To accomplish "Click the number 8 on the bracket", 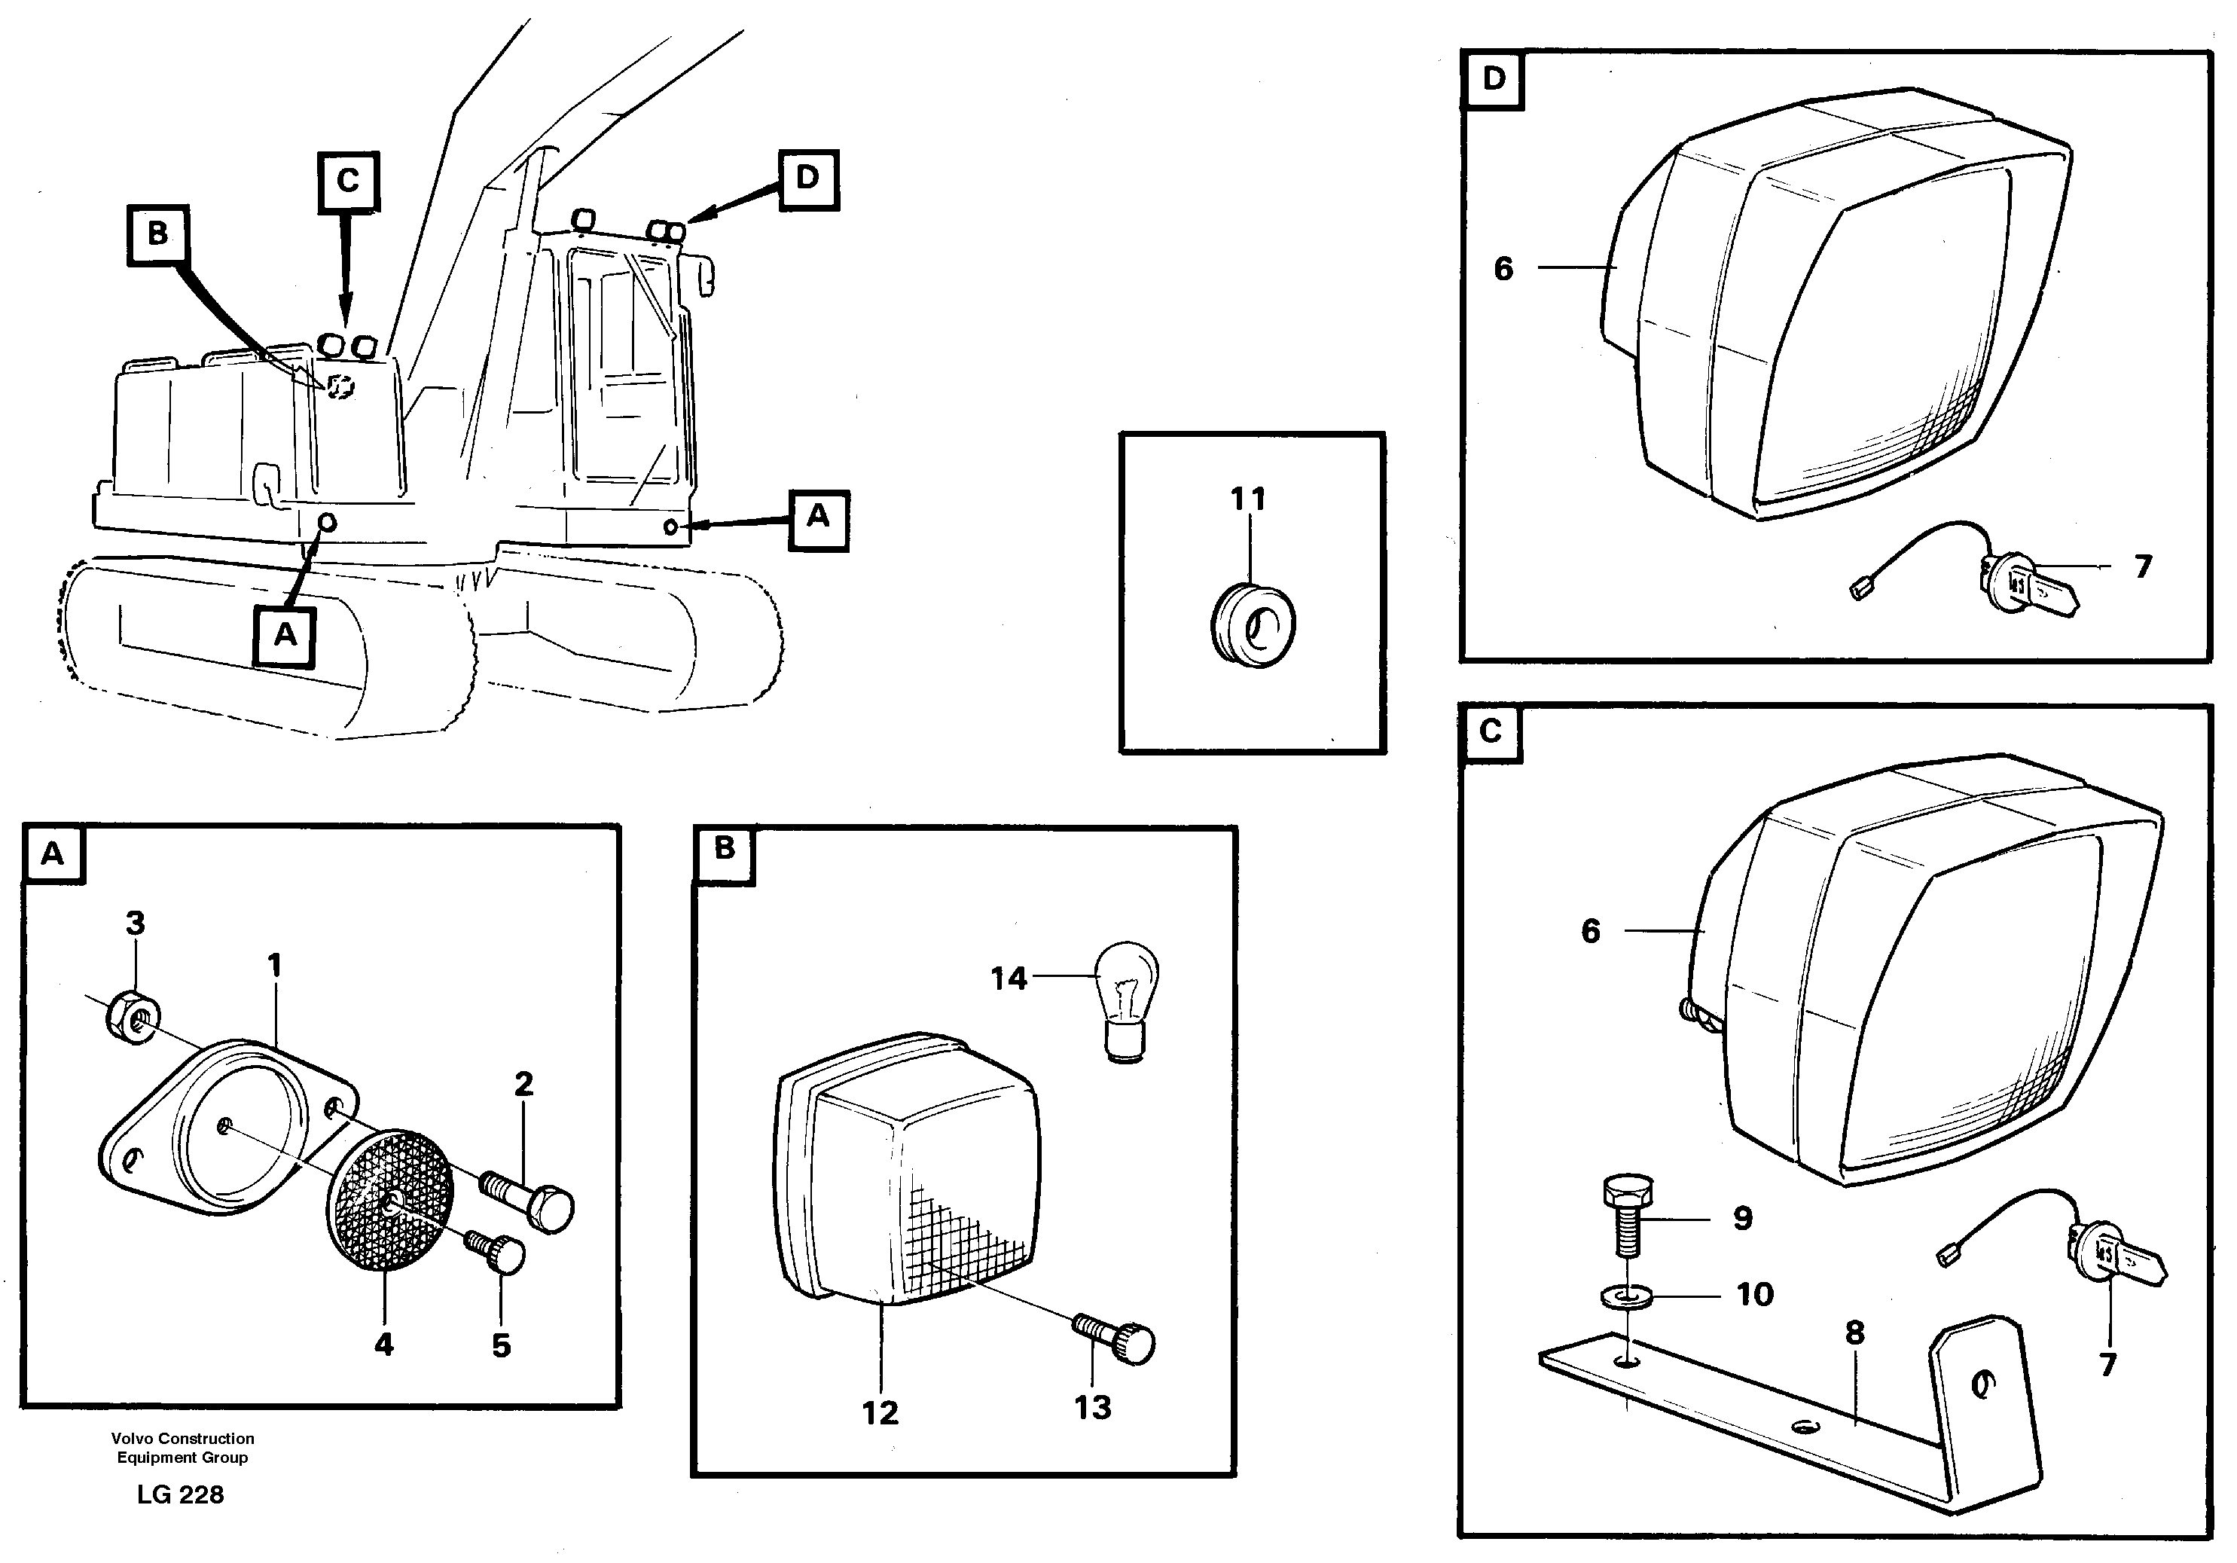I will (1855, 1332).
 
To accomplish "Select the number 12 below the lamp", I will (880, 1412).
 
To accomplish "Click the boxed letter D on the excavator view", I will (807, 179).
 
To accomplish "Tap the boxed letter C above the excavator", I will (348, 182).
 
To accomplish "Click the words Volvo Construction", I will (182, 1438).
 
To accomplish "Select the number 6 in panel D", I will (1503, 268).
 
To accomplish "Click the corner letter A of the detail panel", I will (53, 855).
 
